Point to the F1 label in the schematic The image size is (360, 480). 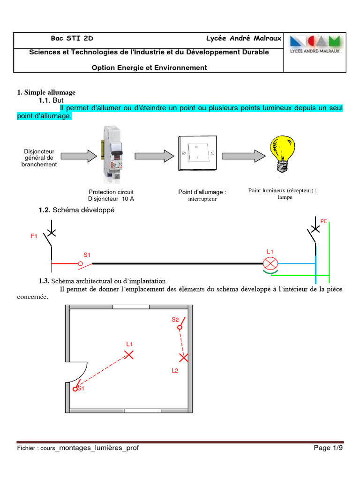pyautogui.click(x=34, y=237)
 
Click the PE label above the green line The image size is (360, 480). pyautogui.click(x=323, y=221)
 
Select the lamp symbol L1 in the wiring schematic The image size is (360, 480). pyautogui.click(x=270, y=263)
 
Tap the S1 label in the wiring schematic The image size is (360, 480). pyautogui.click(x=87, y=255)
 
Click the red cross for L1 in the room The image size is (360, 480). pyautogui.click(x=129, y=355)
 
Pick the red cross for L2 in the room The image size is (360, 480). pyautogui.click(x=184, y=358)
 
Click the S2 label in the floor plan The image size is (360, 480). pyautogui.click(x=175, y=320)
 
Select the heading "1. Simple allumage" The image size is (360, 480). pyautogui.click(x=46, y=92)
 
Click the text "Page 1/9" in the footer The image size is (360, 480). pyautogui.click(x=328, y=448)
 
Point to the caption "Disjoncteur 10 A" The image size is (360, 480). pyautogui.click(x=111, y=198)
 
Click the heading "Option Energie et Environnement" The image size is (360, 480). pyautogui.click(x=149, y=67)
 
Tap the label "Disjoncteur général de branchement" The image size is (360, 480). pyautogui.click(x=39, y=158)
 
